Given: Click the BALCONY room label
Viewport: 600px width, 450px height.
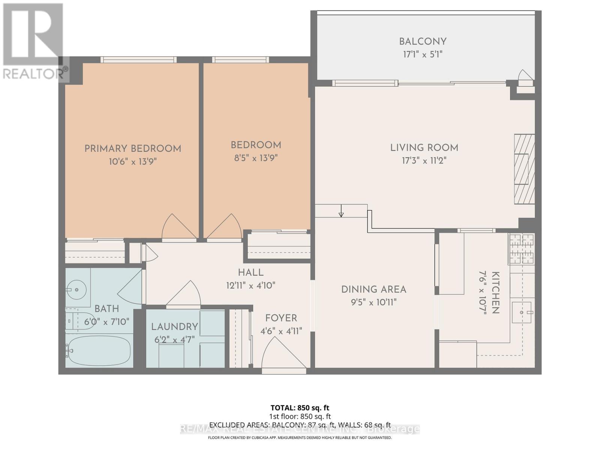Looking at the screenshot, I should pyautogui.click(x=423, y=42).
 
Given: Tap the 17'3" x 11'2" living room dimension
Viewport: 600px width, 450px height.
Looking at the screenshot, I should pyautogui.click(x=424, y=161).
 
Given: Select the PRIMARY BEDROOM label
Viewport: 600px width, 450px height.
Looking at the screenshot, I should pyautogui.click(x=133, y=148).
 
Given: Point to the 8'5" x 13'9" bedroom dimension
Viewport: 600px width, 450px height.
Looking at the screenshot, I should pyautogui.click(x=256, y=158).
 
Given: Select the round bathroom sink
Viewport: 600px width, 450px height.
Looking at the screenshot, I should pyautogui.click(x=76, y=290).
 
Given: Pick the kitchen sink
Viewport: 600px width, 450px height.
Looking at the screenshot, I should pyautogui.click(x=522, y=312).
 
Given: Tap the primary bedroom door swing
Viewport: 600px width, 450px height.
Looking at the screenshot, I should pyautogui.click(x=177, y=227).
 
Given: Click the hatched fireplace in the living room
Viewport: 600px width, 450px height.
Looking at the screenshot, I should pyautogui.click(x=524, y=169).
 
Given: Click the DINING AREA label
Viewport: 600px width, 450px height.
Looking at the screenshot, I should pyautogui.click(x=373, y=289).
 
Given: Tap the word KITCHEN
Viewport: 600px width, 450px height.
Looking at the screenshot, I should pyautogui.click(x=495, y=292).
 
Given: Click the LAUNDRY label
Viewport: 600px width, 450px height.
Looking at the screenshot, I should pyautogui.click(x=174, y=327).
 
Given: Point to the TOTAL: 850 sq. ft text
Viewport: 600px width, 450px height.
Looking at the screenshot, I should pyautogui.click(x=300, y=408).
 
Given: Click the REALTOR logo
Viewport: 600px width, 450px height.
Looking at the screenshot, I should pyautogui.click(x=34, y=41).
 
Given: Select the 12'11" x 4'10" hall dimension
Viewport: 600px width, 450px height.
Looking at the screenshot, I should pyautogui.click(x=250, y=285).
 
